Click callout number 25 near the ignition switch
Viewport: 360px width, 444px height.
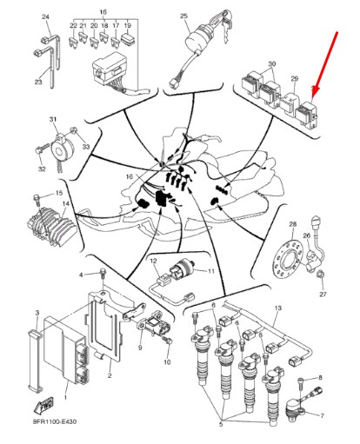(184, 17)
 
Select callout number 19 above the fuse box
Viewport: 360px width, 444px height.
(128, 25)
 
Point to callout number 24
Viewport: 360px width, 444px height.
(45, 17)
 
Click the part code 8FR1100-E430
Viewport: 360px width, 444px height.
(55, 421)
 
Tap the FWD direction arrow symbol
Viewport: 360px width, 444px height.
(44, 404)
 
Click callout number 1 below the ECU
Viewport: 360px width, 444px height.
(65, 397)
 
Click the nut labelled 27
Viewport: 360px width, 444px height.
(321, 274)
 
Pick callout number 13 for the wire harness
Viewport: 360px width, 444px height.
(278, 308)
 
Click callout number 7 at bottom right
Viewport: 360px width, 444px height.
(322, 416)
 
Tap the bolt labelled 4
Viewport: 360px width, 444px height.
(103, 275)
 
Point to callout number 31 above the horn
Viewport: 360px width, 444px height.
(53, 119)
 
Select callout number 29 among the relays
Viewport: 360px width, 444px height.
(295, 78)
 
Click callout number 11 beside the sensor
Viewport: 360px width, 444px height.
(211, 271)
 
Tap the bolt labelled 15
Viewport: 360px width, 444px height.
(37, 199)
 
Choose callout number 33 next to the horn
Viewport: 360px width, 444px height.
(86, 147)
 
